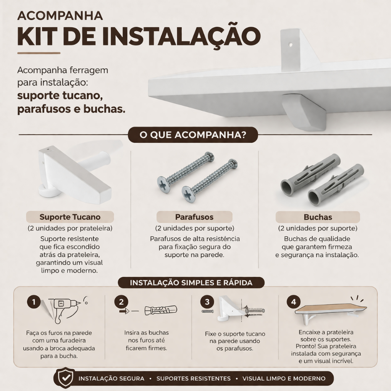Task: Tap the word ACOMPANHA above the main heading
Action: click(60, 15)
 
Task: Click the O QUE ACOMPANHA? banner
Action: click(193, 135)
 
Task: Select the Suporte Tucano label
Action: click(70, 217)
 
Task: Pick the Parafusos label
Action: click(194, 217)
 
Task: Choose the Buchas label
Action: click(318, 217)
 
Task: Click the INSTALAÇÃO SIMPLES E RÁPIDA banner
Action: click(191, 283)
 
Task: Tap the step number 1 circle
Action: click(34, 302)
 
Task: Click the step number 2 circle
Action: click(121, 302)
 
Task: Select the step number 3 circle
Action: click(207, 302)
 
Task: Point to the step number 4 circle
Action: click(294, 302)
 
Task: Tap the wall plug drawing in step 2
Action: click(161, 310)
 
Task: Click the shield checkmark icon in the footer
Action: click(66, 378)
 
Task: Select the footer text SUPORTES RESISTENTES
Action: click(194, 378)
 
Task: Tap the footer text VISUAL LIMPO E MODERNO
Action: click(284, 378)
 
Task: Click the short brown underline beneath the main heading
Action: click(39, 53)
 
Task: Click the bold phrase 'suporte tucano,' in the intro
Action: click(60, 95)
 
